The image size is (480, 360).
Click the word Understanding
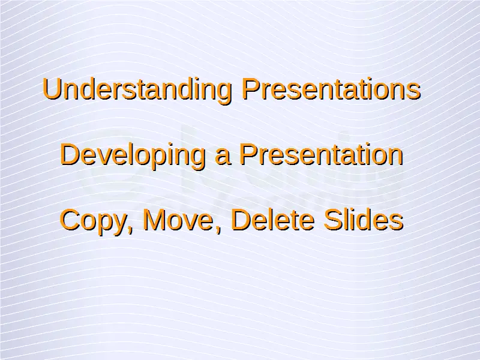pos(137,89)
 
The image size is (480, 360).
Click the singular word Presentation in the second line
pos(321,155)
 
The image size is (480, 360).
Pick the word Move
pos(178,220)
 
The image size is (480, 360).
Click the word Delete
pos(273,220)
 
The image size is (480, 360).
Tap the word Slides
pos(364,220)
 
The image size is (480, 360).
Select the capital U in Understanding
pos(52,89)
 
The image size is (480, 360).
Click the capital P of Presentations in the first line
pos(251,89)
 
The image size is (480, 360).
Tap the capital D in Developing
pos(70,155)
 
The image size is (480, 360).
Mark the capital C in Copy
pos(71,220)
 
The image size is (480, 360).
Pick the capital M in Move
pos(155,220)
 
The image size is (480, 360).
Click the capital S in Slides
pos(334,220)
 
